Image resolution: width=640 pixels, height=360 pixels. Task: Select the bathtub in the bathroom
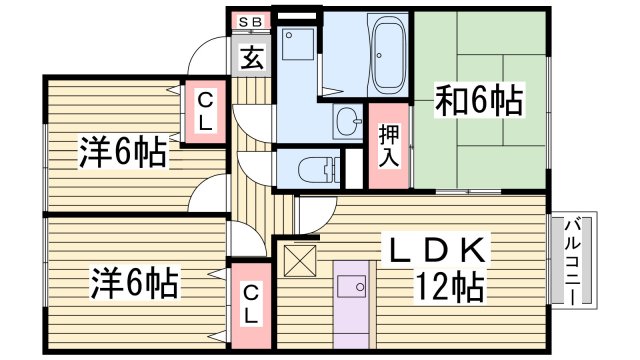click(387, 56)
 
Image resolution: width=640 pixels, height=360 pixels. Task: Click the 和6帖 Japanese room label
click(481, 99)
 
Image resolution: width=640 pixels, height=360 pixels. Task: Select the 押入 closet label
click(389, 145)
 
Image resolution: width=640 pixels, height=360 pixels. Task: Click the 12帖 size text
click(449, 288)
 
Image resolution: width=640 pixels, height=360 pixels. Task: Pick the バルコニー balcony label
click(578, 259)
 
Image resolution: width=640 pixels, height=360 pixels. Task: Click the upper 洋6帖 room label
click(123, 153)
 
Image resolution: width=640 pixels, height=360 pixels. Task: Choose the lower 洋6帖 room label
click(135, 281)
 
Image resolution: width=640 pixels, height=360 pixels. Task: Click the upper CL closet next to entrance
click(204, 111)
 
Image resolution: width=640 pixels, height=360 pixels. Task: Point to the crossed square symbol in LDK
click(300, 262)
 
